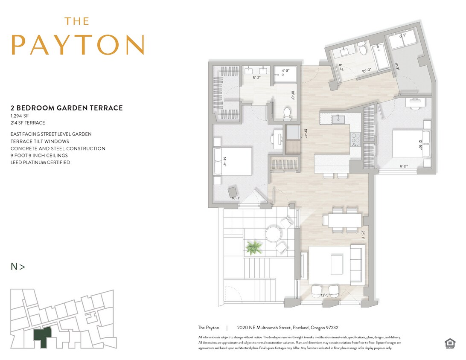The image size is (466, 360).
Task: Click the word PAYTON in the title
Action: tap(78, 44)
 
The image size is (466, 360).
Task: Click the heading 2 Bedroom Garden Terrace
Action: tap(67, 108)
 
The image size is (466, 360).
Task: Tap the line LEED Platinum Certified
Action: tap(40, 163)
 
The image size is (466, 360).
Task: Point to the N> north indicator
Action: tap(18, 267)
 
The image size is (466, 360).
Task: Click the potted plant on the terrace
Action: tap(253, 247)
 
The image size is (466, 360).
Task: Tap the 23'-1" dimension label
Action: tap(363, 235)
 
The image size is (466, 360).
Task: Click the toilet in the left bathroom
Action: tap(288, 113)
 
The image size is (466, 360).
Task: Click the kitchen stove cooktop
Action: tap(355, 138)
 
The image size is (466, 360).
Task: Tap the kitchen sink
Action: tap(340, 118)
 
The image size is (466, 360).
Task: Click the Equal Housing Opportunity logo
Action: tap(449, 343)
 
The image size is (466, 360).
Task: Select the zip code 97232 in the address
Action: tap(331, 328)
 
